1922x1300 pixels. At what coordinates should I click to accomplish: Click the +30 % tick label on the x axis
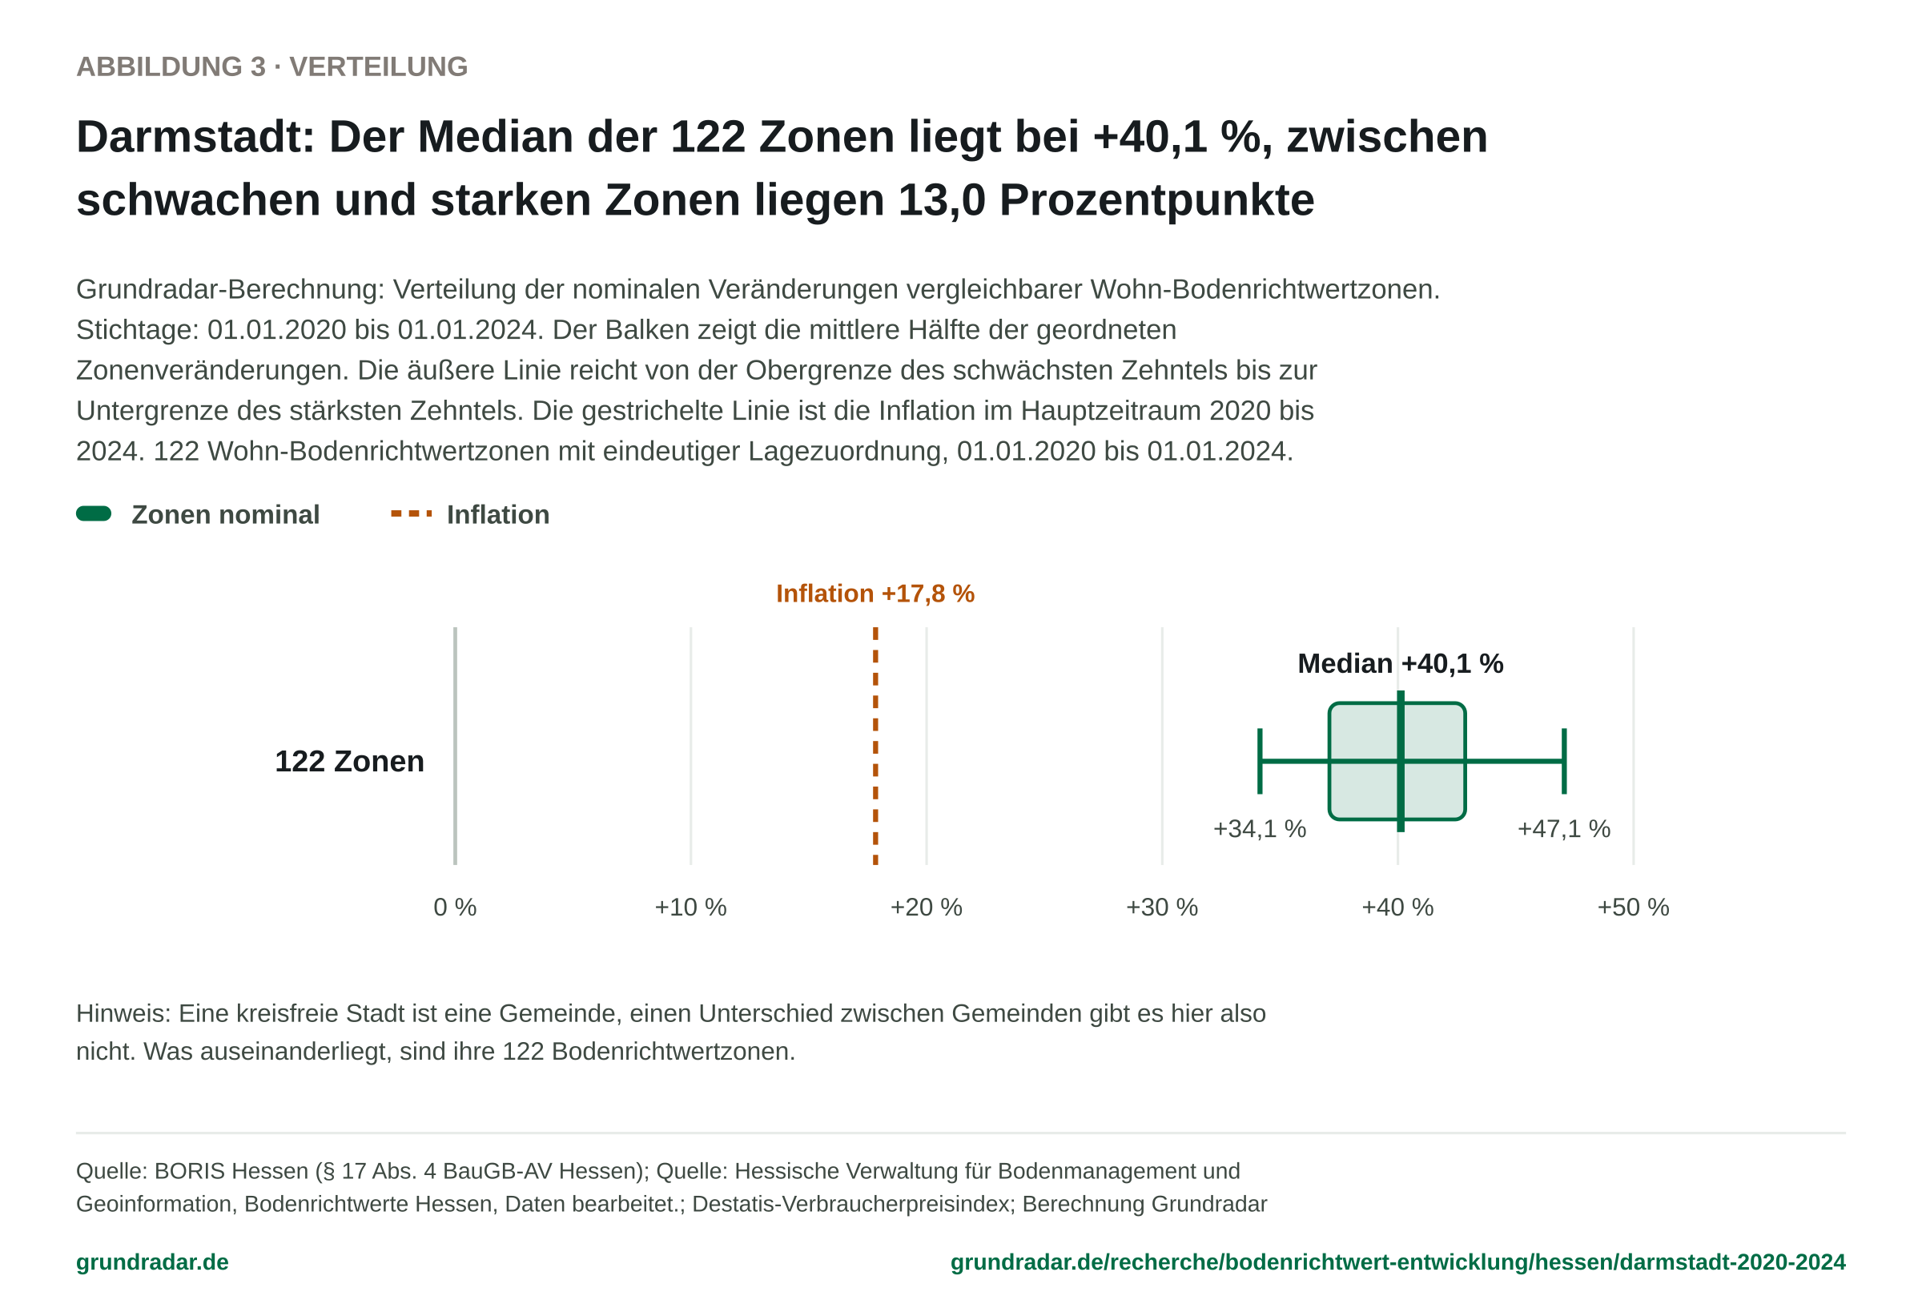pyautogui.click(x=1162, y=908)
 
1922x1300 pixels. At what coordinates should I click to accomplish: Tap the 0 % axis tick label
pyautogui.click(x=455, y=908)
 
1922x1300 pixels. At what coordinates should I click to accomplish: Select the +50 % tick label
pyautogui.click(x=1634, y=908)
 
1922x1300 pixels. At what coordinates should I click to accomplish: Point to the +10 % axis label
pyautogui.click(x=690, y=908)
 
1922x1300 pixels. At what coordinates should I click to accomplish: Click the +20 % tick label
pyautogui.click(x=927, y=908)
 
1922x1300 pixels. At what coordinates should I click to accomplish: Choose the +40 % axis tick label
pyautogui.click(x=1397, y=908)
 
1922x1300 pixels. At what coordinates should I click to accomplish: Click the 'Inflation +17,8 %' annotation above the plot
pyautogui.click(x=875, y=594)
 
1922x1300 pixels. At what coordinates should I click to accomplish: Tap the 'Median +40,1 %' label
pyautogui.click(x=1400, y=663)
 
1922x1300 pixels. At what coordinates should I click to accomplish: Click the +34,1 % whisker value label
pyautogui.click(x=1260, y=829)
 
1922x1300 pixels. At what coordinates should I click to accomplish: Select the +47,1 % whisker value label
pyautogui.click(x=1564, y=829)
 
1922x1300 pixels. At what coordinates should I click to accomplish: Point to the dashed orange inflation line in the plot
pyautogui.click(x=875, y=746)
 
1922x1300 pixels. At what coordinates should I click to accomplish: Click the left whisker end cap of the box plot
pyautogui.click(x=1260, y=761)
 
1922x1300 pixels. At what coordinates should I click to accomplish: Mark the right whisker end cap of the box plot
pyautogui.click(x=1564, y=761)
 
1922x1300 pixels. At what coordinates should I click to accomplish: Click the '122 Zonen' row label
pyautogui.click(x=349, y=761)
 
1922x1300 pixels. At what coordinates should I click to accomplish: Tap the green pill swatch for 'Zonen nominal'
pyautogui.click(x=94, y=513)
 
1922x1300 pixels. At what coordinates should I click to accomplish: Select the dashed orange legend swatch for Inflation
pyautogui.click(x=411, y=513)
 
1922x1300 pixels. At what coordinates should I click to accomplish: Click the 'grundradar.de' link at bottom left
pyautogui.click(x=152, y=1262)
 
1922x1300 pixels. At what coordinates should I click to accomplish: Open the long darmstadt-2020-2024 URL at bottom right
pyautogui.click(x=1397, y=1262)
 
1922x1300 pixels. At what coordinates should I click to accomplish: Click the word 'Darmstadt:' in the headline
pyautogui.click(x=196, y=136)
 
